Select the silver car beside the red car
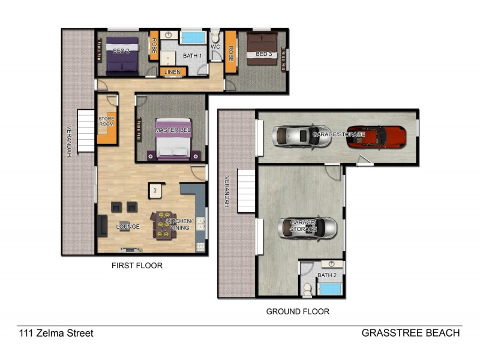tap(295, 136)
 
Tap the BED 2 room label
tap(121, 51)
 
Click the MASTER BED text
tap(173, 130)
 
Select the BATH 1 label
tap(192, 56)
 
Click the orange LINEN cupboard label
tap(173, 72)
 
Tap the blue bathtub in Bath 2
tap(329, 289)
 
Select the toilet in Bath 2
tap(307, 289)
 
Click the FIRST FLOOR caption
tap(137, 265)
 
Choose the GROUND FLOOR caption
tap(298, 311)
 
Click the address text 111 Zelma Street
tap(56, 333)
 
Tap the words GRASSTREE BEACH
tap(410, 333)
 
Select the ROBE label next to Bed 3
tap(230, 55)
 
